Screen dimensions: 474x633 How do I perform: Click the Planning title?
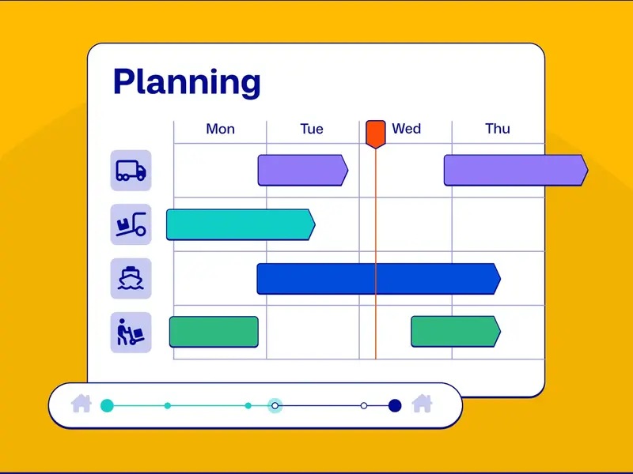pyautogui.click(x=187, y=81)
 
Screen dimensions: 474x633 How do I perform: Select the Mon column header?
pyautogui.click(x=220, y=129)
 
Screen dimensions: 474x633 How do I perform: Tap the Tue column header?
pyautogui.click(x=312, y=129)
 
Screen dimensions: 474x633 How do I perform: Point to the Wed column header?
pyautogui.click(x=406, y=129)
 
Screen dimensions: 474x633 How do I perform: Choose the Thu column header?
pyautogui.click(x=498, y=129)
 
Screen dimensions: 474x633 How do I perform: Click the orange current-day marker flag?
pyautogui.click(x=376, y=134)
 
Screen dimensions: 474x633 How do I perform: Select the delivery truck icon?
pyautogui.click(x=131, y=171)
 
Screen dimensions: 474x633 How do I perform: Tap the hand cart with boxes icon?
pyautogui.click(x=131, y=224)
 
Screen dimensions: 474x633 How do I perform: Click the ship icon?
pyautogui.click(x=131, y=278)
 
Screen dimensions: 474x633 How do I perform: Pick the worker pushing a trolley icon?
pyautogui.click(x=131, y=332)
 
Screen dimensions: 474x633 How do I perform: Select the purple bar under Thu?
pyautogui.click(x=514, y=171)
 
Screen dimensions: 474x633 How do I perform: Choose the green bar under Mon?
pyautogui.click(x=214, y=332)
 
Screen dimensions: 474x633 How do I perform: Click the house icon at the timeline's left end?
pyautogui.click(x=81, y=404)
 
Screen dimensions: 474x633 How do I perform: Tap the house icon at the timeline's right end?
pyautogui.click(x=423, y=404)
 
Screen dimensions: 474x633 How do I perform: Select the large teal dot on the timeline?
pyautogui.click(x=108, y=405)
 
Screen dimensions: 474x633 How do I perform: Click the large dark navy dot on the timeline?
pyautogui.click(x=395, y=405)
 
